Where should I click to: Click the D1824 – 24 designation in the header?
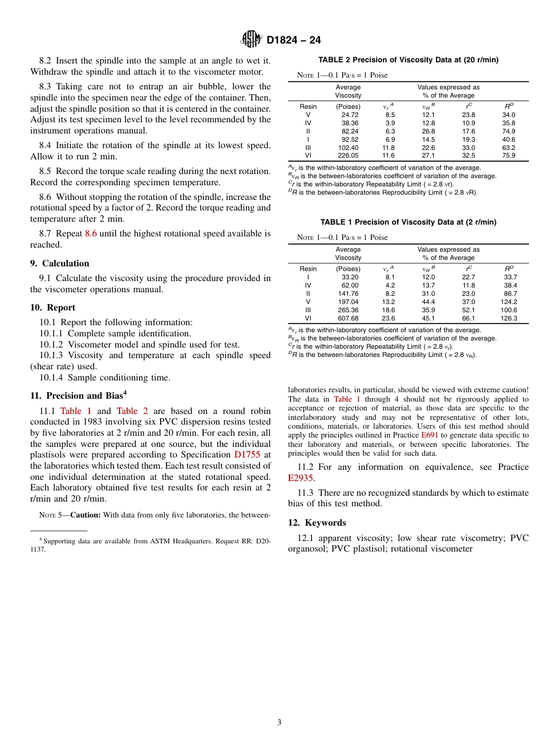click(294, 41)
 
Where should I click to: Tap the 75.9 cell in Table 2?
click(508, 156)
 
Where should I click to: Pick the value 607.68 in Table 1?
click(348, 318)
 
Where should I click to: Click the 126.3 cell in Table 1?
click(508, 318)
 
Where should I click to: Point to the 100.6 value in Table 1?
click(508, 310)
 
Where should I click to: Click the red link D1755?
click(247, 455)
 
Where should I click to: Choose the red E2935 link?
click(301, 478)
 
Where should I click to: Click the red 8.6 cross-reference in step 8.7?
click(91, 233)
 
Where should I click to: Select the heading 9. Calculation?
click(59, 263)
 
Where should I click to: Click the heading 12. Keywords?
click(317, 523)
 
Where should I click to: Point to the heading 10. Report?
click(52, 308)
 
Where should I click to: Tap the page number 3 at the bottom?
click(279, 722)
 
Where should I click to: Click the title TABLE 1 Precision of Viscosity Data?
click(408, 222)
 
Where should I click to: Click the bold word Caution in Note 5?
click(85, 515)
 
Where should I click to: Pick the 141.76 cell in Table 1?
click(348, 293)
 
